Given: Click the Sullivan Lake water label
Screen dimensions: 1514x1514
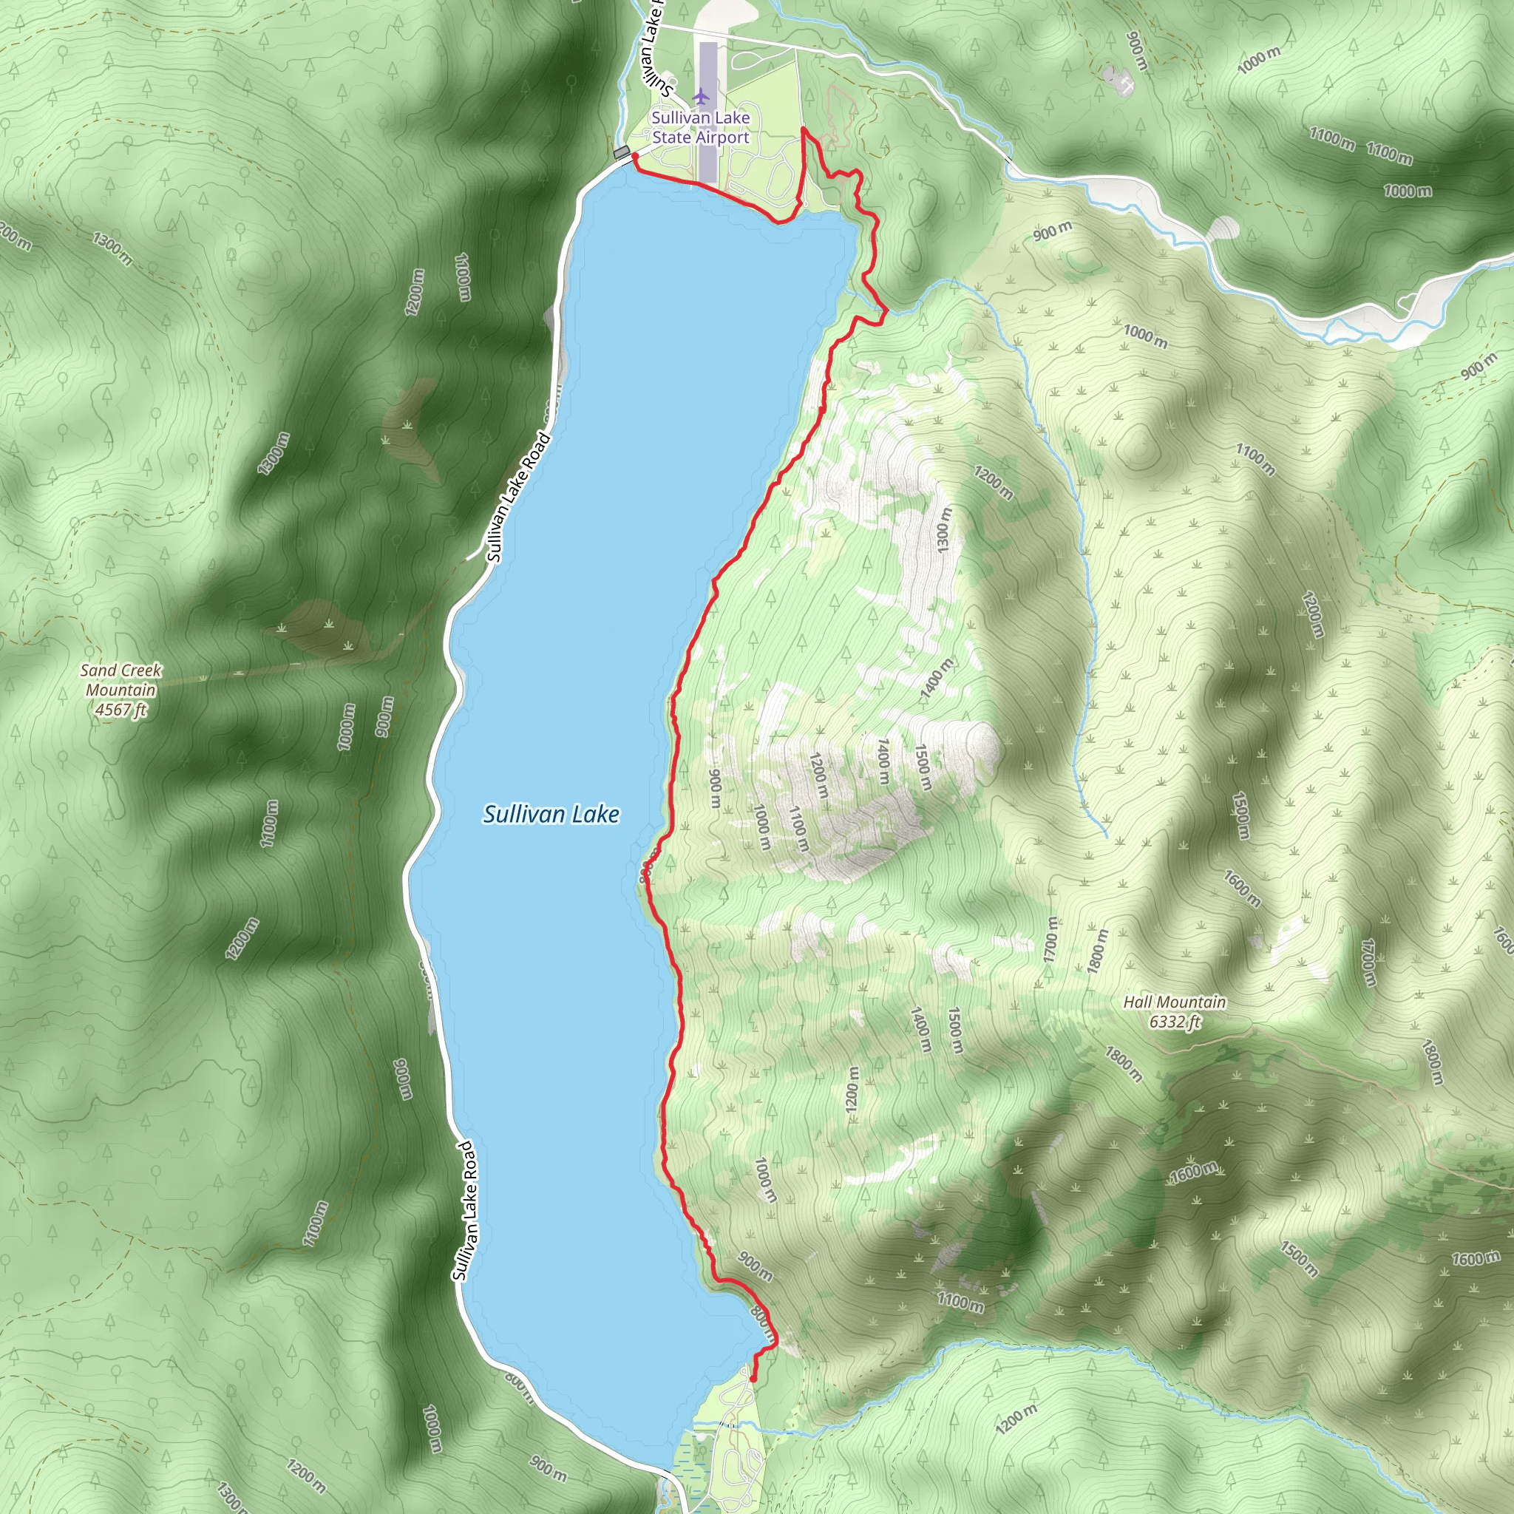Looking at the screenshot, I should point(551,815).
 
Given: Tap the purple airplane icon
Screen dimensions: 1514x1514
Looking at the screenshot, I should point(701,97).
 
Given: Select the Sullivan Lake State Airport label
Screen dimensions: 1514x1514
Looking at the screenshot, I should point(701,127).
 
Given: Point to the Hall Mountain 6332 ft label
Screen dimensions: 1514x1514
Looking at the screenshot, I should point(1174,1011).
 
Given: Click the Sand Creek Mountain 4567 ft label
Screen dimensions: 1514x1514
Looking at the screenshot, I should point(120,690).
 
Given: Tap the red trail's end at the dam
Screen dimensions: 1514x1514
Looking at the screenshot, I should point(635,157).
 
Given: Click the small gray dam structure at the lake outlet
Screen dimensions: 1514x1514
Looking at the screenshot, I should point(622,152).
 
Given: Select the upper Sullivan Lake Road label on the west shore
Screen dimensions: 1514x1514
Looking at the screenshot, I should point(518,497).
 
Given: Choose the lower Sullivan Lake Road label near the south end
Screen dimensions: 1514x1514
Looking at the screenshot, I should point(465,1212).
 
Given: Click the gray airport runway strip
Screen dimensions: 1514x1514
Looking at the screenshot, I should point(708,109).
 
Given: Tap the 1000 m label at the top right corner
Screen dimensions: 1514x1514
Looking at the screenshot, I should point(1258,61).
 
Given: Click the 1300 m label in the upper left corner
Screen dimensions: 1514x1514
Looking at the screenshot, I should point(113,248).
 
